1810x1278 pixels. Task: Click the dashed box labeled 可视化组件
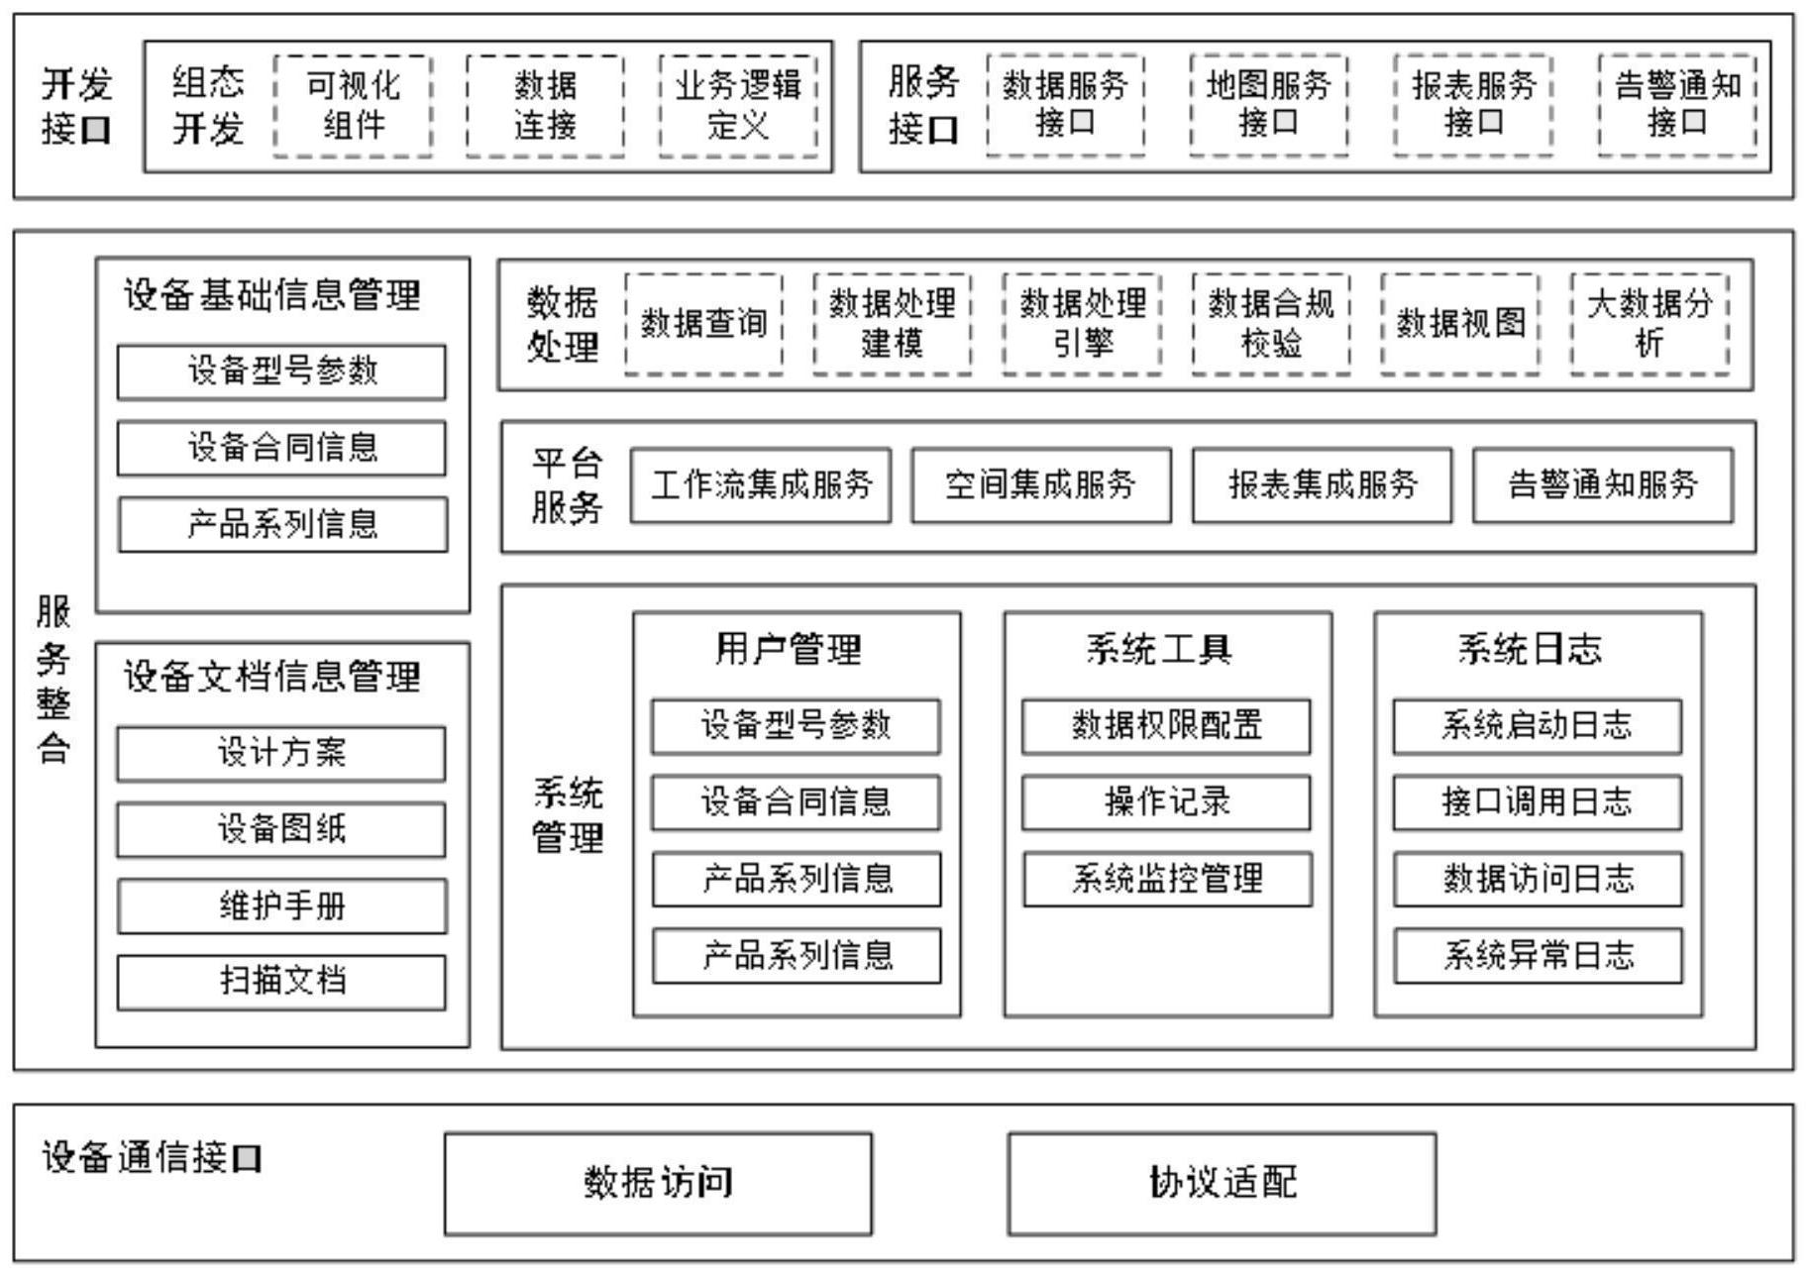pos(353,106)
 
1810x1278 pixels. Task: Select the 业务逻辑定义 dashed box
pos(738,106)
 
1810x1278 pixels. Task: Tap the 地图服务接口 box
pos(1268,105)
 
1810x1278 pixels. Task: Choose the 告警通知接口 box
pos(1676,105)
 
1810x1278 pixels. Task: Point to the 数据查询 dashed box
pos(703,324)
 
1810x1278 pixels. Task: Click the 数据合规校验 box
pos(1271,324)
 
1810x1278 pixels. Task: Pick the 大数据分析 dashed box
pos(1650,324)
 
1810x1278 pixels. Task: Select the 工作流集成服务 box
pos(761,485)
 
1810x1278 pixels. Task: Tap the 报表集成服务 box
pos(1322,485)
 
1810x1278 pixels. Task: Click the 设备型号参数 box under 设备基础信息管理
pos(282,373)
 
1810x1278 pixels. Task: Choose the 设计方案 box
pos(281,754)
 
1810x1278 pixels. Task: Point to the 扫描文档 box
pos(281,983)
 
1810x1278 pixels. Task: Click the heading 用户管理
pos(789,650)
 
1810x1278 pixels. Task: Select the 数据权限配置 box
pos(1166,726)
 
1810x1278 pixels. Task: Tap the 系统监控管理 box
pos(1167,880)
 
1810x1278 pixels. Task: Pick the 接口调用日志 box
pos(1537,802)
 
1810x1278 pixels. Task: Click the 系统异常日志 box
pos(1538,956)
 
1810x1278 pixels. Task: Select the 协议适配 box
pos(1222,1184)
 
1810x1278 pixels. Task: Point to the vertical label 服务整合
pos(53,680)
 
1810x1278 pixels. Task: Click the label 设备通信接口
pos(152,1158)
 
